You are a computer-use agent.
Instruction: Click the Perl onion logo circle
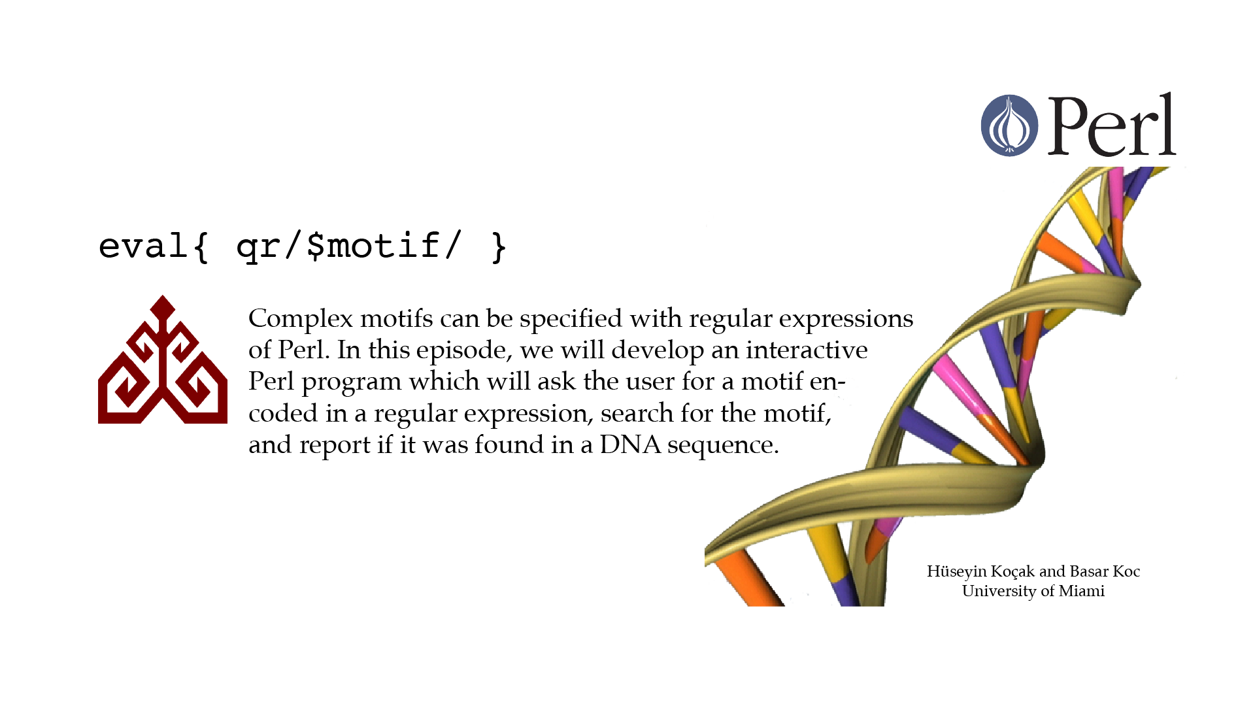(1009, 126)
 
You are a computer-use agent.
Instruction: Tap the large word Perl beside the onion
(1112, 125)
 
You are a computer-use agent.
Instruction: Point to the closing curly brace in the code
(499, 246)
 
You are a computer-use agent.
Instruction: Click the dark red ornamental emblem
(163, 360)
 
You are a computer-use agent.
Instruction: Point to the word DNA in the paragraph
(630, 445)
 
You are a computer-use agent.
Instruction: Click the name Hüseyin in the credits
(956, 572)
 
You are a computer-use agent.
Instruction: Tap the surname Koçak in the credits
(1012, 572)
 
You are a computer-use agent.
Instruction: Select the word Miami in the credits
(1082, 591)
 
